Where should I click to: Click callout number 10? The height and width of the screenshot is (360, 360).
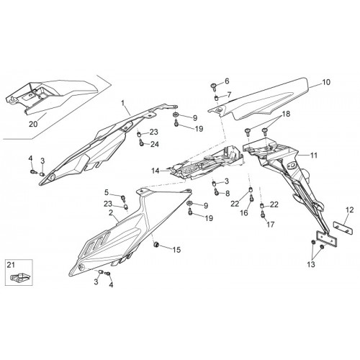pyautogui.click(x=326, y=82)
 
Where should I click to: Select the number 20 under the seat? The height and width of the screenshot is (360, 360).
pyautogui.click(x=33, y=124)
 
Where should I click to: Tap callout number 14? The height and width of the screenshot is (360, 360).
pyautogui.click(x=156, y=171)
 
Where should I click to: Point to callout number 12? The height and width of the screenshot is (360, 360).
pyautogui.click(x=350, y=210)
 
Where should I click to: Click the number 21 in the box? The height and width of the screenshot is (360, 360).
pyautogui.click(x=11, y=265)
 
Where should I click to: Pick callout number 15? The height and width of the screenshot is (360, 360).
pyautogui.click(x=176, y=250)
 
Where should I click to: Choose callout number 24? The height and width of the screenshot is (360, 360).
pyautogui.click(x=155, y=144)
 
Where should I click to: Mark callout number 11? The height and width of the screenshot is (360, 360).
pyautogui.click(x=314, y=156)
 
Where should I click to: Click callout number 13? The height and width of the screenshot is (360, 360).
pyautogui.click(x=311, y=264)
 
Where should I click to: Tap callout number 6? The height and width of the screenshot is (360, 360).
pyautogui.click(x=227, y=81)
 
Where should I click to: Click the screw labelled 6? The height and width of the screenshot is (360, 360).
pyautogui.click(x=214, y=86)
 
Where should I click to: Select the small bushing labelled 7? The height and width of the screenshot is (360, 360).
pyautogui.click(x=216, y=98)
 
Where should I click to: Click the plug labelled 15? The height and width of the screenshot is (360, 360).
pyautogui.click(x=156, y=245)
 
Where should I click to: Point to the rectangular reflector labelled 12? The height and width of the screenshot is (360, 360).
pyautogui.click(x=343, y=228)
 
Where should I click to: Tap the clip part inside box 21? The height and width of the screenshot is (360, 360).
pyautogui.click(x=19, y=277)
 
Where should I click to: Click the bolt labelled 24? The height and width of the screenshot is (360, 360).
pyautogui.click(x=141, y=143)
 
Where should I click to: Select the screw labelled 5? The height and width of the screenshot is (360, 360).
pyautogui.click(x=123, y=198)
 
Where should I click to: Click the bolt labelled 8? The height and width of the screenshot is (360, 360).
pyautogui.click(x=217, y=192)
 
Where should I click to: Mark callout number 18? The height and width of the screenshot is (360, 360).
pyautogui.click(x=286, y=114)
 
